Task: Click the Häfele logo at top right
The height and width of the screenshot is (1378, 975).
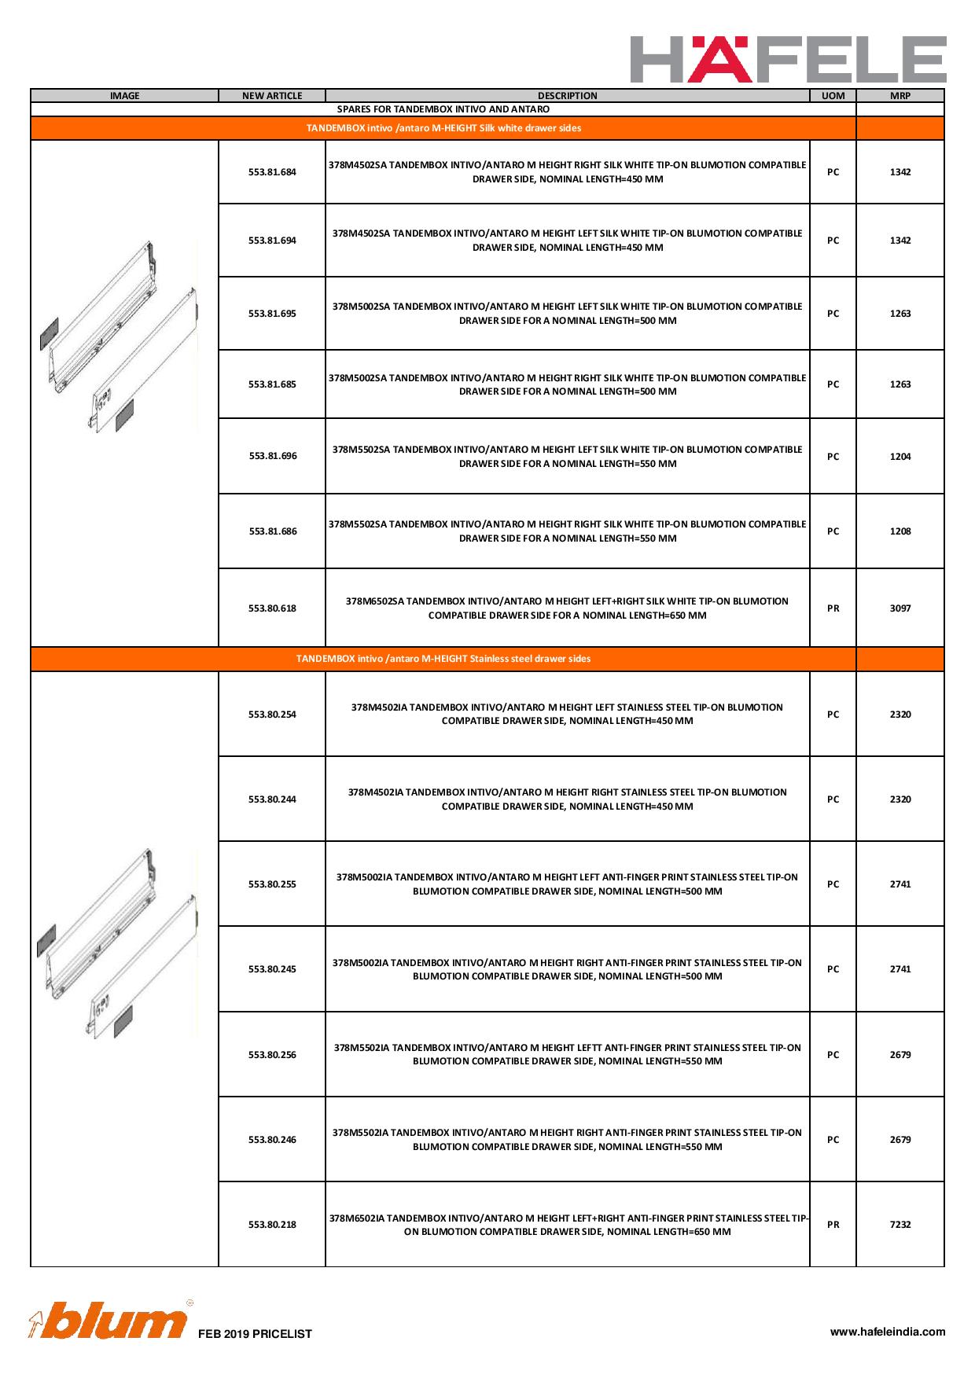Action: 788,59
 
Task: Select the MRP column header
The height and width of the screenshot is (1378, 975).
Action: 900,96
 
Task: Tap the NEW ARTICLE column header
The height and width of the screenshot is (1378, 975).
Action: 272,96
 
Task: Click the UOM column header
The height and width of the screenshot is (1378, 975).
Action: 833,96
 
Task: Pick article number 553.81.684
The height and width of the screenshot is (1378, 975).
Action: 272,172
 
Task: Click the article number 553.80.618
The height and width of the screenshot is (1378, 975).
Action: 272,608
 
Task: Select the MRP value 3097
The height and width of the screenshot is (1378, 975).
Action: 900,608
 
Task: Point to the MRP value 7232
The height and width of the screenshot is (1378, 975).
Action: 900,1225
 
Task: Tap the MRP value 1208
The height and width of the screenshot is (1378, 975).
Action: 900,531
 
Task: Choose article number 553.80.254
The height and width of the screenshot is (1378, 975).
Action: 272,715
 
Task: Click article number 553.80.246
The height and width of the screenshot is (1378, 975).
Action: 272,1140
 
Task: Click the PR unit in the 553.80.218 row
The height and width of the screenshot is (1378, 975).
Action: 833,1225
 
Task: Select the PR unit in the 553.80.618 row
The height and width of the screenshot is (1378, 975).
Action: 833,608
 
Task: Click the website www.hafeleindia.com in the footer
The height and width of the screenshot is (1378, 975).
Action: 888,1332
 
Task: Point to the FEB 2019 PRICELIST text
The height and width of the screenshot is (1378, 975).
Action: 255,1334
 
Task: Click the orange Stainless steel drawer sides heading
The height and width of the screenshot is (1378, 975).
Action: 443,659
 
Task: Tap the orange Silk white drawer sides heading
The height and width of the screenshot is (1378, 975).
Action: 443,128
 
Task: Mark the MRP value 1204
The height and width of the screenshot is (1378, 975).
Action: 900,457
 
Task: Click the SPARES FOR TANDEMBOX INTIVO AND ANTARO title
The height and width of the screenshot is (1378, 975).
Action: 443,109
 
